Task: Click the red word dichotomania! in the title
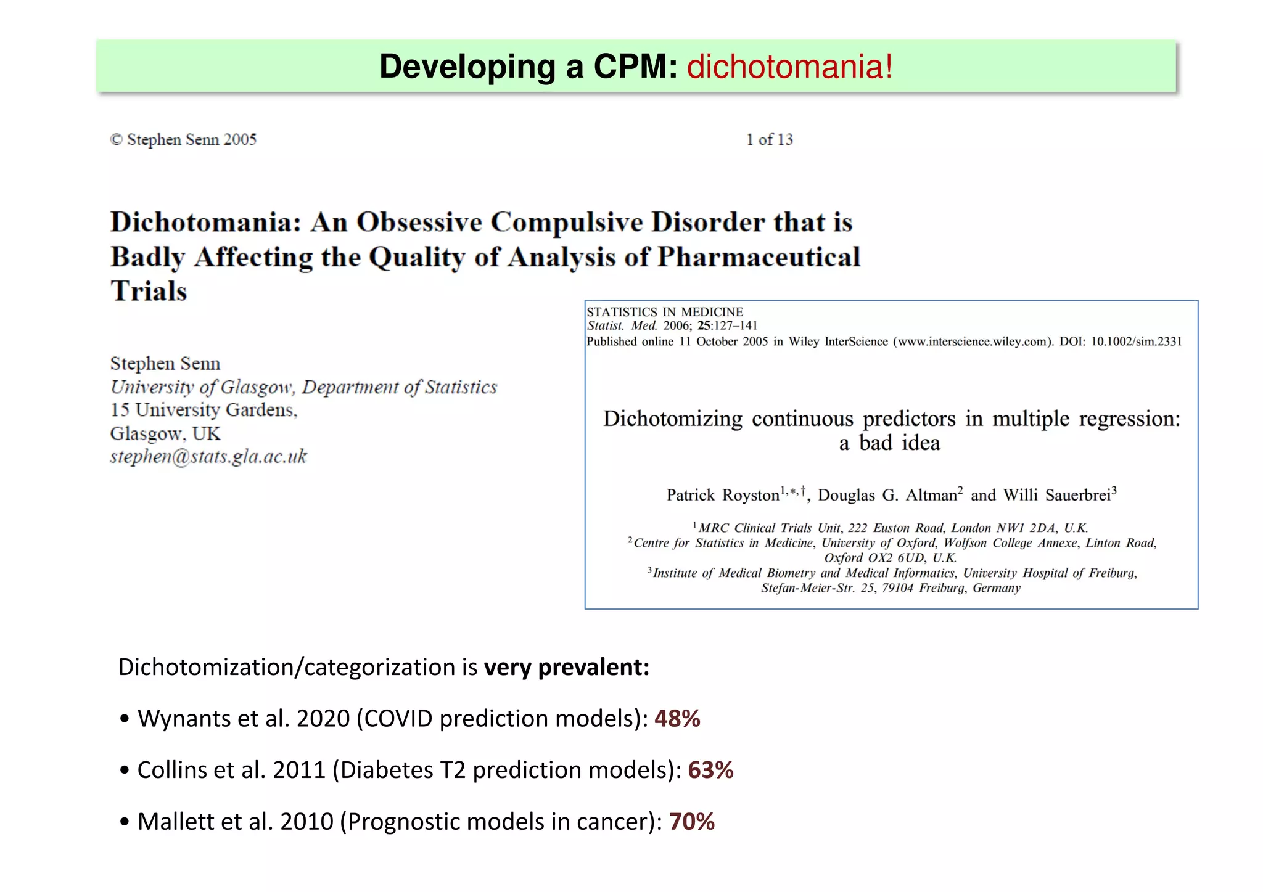pyautogui.click(x=789, y=67)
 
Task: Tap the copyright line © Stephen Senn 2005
pyautogui.click(x=183, y=140)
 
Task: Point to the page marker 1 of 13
pyautogui.click(x=769, y=140)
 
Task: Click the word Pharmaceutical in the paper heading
pyautogui.click(x=759, y=257)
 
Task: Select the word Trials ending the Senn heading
pyautogui.click(x=149, y=292)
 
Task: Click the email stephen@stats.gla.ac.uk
pyautogui.click(x=208, y=457)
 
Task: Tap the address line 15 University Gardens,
pyautogui.click(x=204, y=410)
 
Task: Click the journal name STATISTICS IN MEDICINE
pyautogui.click(x=665, y=312)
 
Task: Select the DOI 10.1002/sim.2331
pyautogui.click(x=1136, y=342)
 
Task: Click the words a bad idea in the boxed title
pyautogui.click(x=889, y=443)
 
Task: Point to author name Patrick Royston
pyautogui.click(x=723, y=496)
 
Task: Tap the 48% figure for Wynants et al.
pyautogui.click(x=677, y=719)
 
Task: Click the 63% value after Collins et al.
pyautogui.click(x=710, y=771)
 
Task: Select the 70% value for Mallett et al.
pyautogui.click(x=691, y=822)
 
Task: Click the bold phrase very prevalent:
pyautogui.click(x=566, y=668)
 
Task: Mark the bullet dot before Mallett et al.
pyautogui.click(x=125, y=822)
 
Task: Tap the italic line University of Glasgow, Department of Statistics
pyautogui.click(x=303, y=387)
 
